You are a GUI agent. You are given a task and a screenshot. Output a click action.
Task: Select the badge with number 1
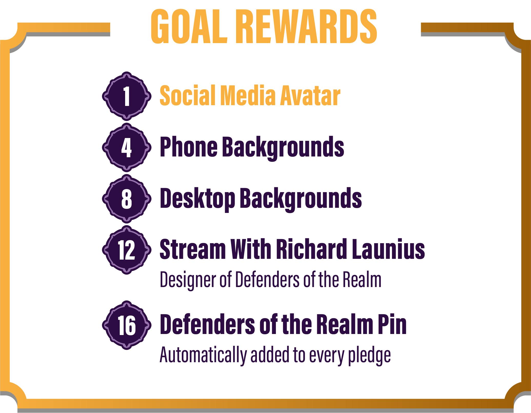126,96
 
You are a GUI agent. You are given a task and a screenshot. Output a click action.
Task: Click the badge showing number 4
126,147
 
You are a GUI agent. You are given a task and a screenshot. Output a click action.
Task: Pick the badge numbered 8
126,199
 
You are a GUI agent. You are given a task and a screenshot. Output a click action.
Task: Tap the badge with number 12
126,250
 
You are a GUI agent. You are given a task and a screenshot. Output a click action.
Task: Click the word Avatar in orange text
310,95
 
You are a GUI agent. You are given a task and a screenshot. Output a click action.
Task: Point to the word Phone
188,147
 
